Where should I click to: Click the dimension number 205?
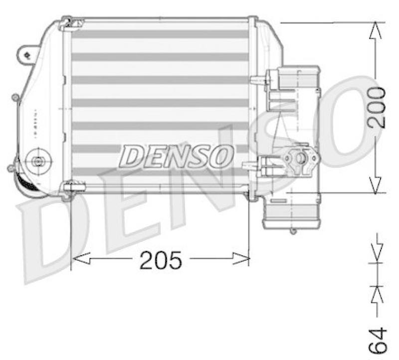click(x=161, y=260)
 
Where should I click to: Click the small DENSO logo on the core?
click(x=176, y=156)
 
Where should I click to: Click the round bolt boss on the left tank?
click(x=37, y=160)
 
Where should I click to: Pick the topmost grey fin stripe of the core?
click(x=160, y=34)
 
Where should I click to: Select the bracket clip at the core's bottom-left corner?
click(x=70, y=188)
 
